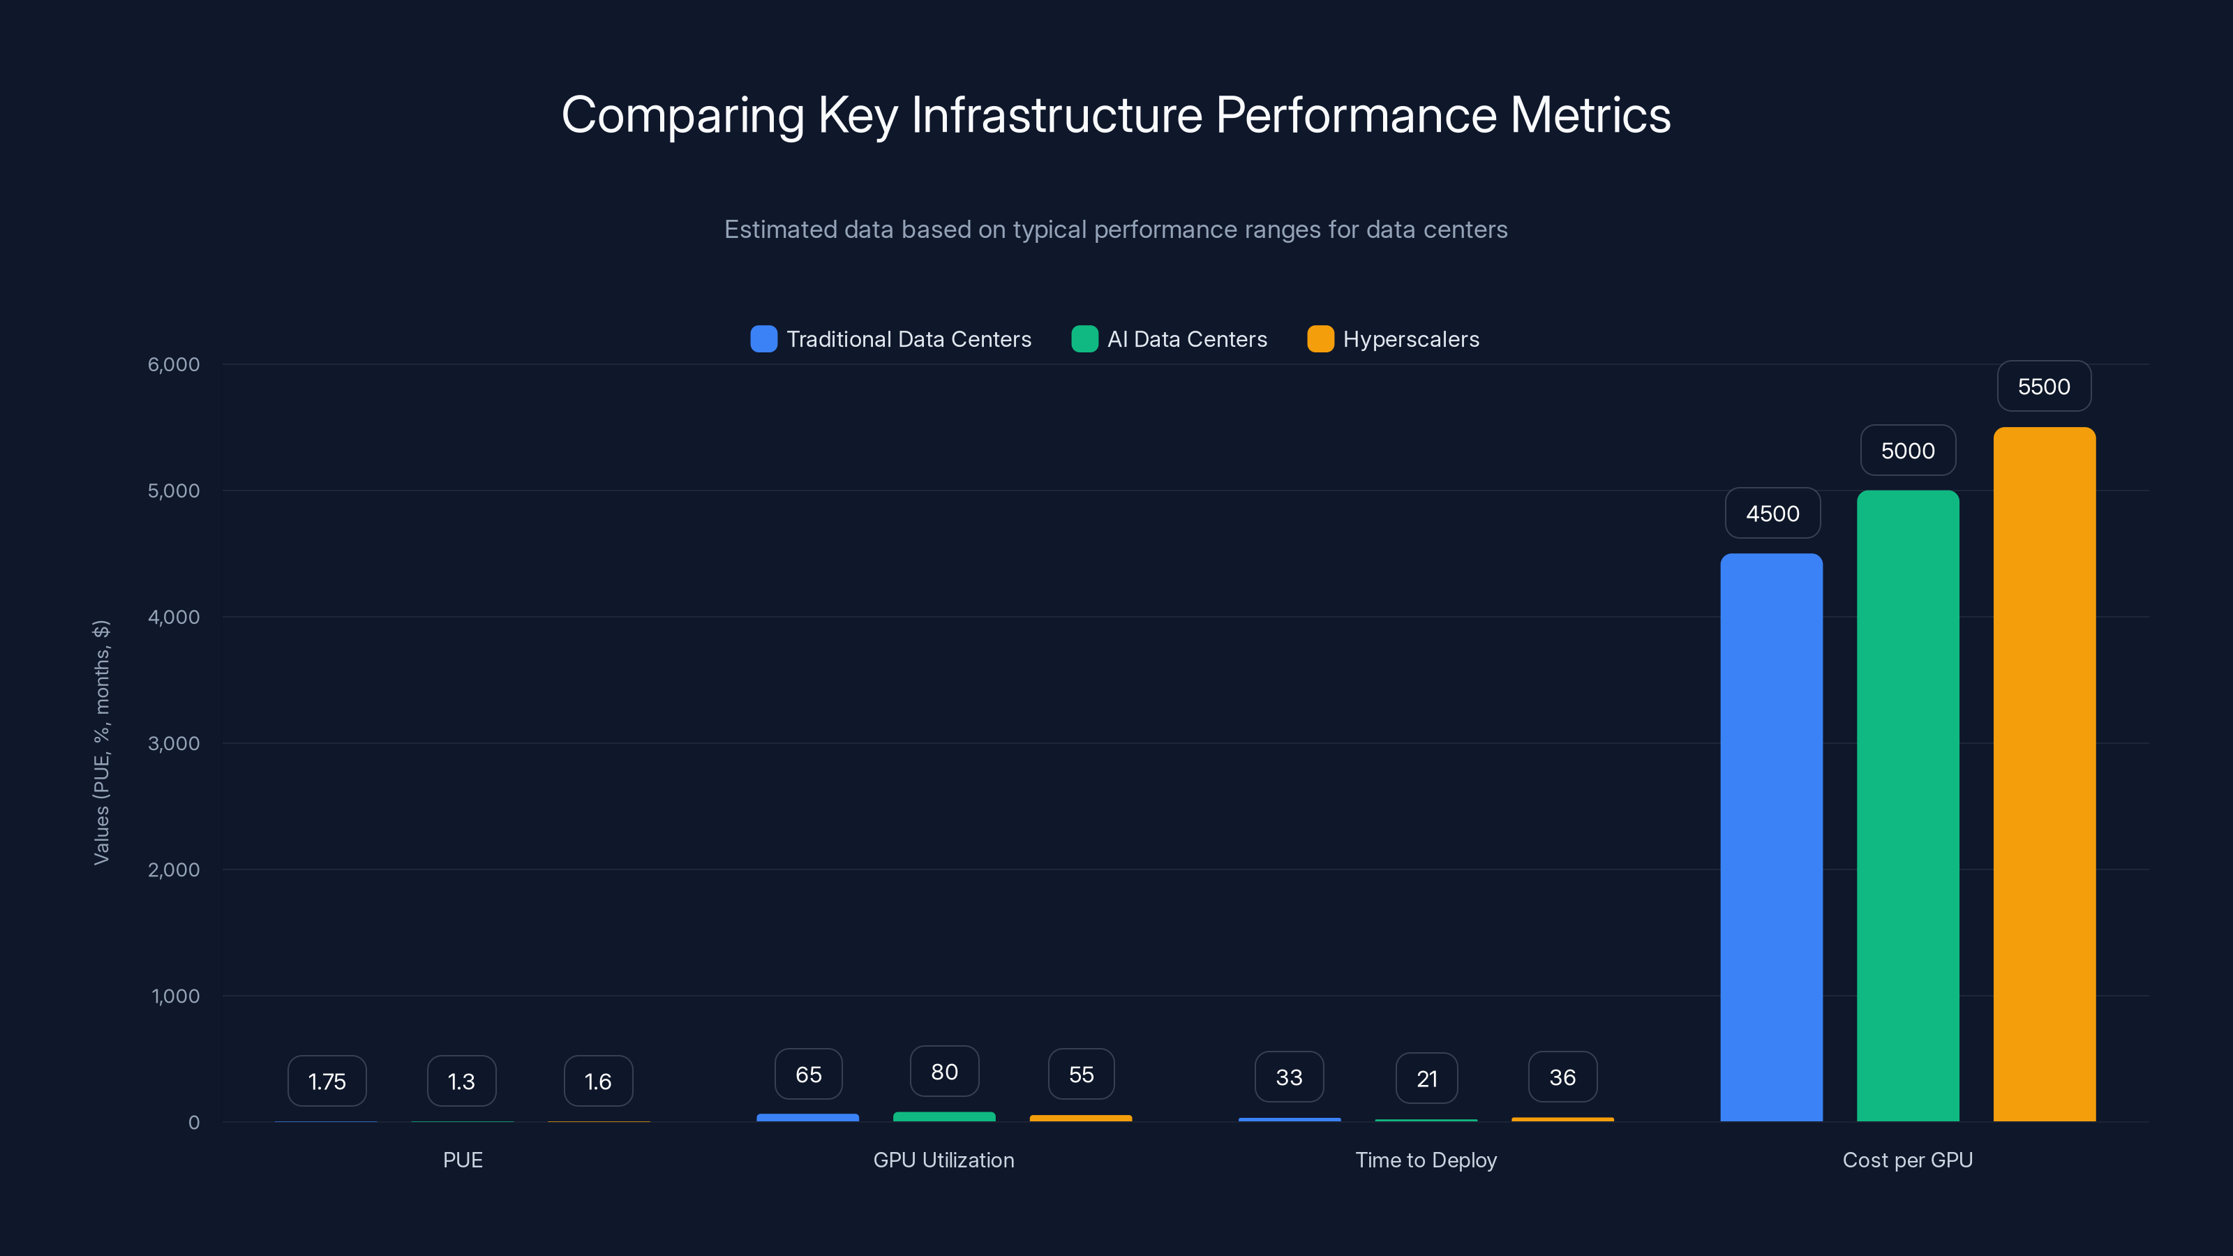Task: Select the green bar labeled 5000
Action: tap(1907, 806)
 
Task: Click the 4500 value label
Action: tap(1772, 513)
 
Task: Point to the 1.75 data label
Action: tap(327, 1081)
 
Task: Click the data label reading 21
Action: tap(1426, 1078)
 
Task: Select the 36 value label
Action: tap(1562, 1077)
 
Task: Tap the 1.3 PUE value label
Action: tap(461, 1081)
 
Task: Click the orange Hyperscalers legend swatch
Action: tap(1320, 339)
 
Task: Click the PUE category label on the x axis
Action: tap(462, 1160)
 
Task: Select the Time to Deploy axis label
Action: tap(1426, 1160)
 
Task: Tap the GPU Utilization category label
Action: tap(943, 1160)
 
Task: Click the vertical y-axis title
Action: tap(101, 742)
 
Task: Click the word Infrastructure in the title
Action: tap(1056, 115)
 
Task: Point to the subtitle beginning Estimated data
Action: tap(1116, 230)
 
